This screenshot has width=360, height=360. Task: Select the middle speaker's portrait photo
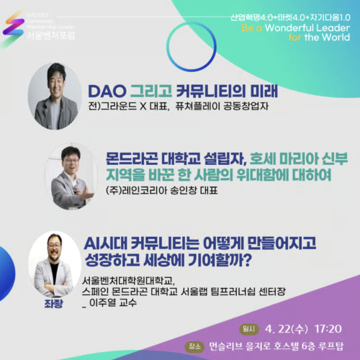click(70, 175)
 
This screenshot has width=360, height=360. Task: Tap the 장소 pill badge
click(192, 344)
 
